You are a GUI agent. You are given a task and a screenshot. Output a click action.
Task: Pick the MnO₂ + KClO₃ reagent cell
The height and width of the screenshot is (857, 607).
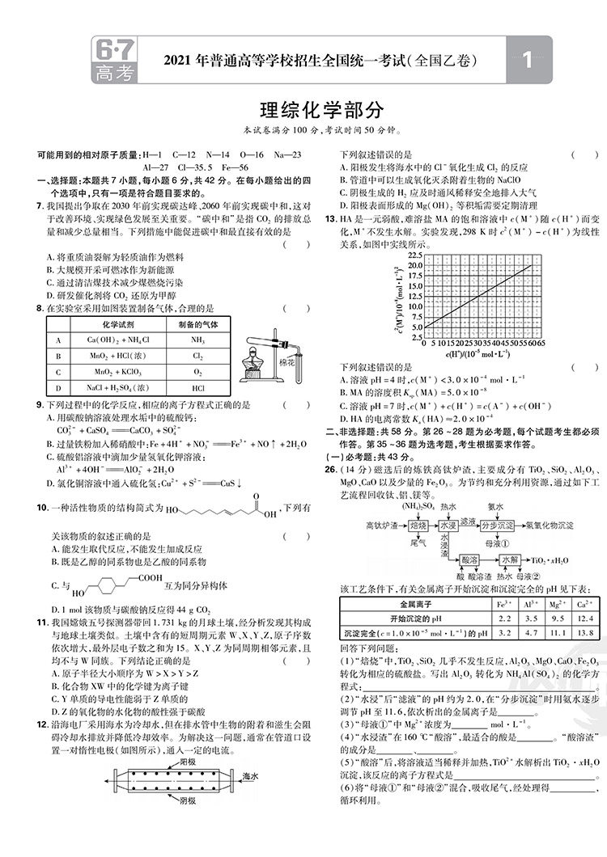point(113,372)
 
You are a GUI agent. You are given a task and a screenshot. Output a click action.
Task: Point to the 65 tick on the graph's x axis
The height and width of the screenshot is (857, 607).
point(541,343)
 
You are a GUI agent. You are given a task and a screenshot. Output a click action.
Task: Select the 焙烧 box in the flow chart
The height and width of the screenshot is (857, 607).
point(418,525)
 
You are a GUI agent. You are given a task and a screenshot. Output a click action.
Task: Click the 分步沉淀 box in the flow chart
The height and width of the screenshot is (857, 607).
point(498,525)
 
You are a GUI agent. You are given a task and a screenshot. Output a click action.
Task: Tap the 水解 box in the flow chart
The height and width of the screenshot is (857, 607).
point(511,559)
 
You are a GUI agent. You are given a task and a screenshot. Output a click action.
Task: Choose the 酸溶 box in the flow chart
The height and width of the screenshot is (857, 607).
point(468,559)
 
